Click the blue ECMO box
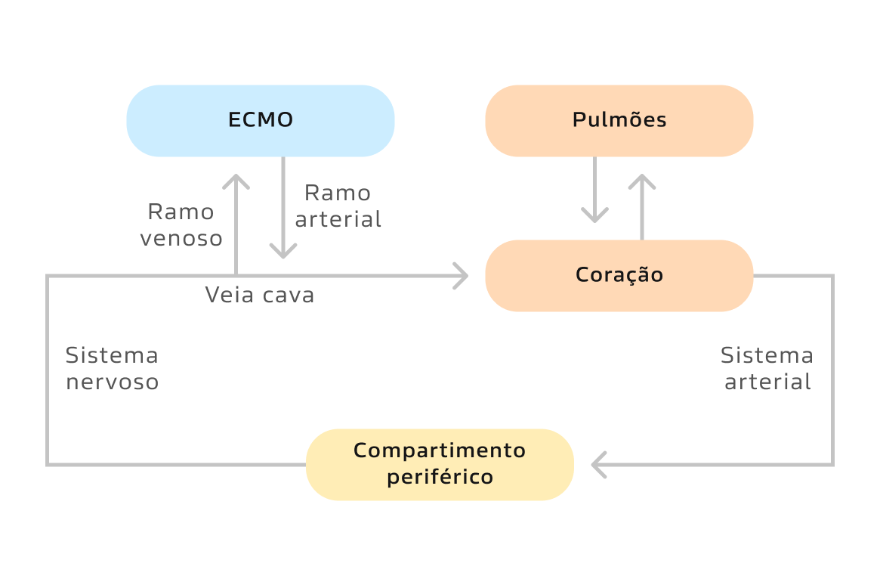pyautogui.click(x=261, y=121)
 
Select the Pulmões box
pyautogui.click(x=619, y=121)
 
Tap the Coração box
pyautogui.click(x=619, y=275)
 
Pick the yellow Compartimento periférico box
pyautogui.click(x=440, y=464)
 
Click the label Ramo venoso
pyautogui.click(x=181, y=224)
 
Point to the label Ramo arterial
pyautogui.click(x=338, y=206)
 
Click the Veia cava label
pyautogui.click(x=259, y=295)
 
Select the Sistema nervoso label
pyautogui.click(x=112, y=368)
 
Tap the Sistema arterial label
pyautogui.click(x=767, y=368)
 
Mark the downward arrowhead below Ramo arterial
pyautogui.click(x=283, y=252)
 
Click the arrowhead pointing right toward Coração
pyautogui.click(x=462, y=276)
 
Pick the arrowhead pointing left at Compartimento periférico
pyautogui.click(x=599, y=464)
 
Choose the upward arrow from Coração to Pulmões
pyautogui.click(x=642, y=206)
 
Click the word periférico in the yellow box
pyautogui.click(x=440, y=478)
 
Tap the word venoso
pyautogui.click(x=181, y=239)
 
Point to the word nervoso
pyautogui.click(x=113, y=382)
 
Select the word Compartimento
pyautogui.click(x=440, y=450)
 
